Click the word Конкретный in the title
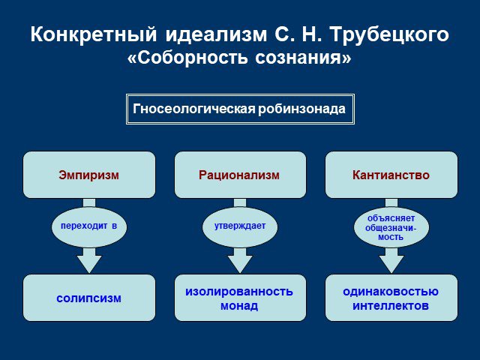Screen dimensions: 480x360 pos(94,34)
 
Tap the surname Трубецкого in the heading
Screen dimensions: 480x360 pos(390,34)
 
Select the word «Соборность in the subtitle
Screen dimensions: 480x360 pos(187,57)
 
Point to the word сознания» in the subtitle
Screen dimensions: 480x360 pos(303,57)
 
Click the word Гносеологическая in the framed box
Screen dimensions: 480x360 pos(194,109)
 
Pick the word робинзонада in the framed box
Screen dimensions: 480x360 pos(301,109)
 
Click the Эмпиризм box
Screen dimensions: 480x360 pos(89,175)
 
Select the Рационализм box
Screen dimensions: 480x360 pos(240,175)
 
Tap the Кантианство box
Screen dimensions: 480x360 pos(391,175)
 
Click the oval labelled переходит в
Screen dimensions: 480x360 pos(89,226)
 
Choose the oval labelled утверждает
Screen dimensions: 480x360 pos(240,226)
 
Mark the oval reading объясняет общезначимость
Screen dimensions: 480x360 pos(391,226)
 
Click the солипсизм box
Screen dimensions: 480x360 pos(89,298)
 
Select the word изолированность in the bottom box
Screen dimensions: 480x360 pos(239,292)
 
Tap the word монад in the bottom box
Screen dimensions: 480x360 pos(239,306)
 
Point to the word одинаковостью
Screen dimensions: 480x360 pos(391,292)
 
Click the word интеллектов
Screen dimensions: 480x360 pos(391,306)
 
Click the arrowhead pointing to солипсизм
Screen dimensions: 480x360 pos(89,264)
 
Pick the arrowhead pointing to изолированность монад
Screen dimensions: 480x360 pos(240,264)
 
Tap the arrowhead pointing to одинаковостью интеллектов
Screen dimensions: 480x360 pos(391,264)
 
